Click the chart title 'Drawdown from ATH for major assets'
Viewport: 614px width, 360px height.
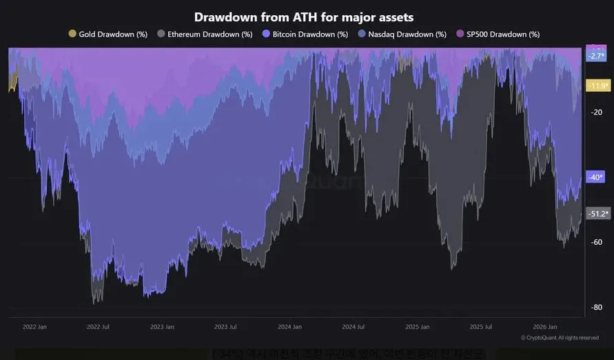coord(304,17)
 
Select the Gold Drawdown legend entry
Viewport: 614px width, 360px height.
coord(108,34)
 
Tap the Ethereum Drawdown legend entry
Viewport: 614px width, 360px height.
coord(205,34)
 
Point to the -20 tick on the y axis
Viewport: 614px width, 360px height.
coord(597,112)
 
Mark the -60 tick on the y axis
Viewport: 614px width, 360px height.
coord(597,242)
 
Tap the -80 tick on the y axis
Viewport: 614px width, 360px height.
coord(597,307)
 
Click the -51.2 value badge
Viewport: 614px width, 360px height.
coord(596,214)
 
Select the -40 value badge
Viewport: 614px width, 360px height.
coord(595,177)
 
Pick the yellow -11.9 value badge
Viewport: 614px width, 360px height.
coord(596,86)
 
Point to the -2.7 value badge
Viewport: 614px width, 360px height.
coord(595,56)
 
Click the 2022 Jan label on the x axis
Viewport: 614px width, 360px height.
coord(34,327)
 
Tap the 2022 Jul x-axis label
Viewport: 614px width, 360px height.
coord(99,327)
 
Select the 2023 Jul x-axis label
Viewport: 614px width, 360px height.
coord(226,327)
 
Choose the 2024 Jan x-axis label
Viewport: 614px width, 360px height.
coord(289,327)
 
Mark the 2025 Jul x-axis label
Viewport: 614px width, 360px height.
coord(481,327)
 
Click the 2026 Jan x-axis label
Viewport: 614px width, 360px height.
coord(544,327)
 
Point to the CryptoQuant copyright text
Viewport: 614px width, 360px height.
coord(560,338)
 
